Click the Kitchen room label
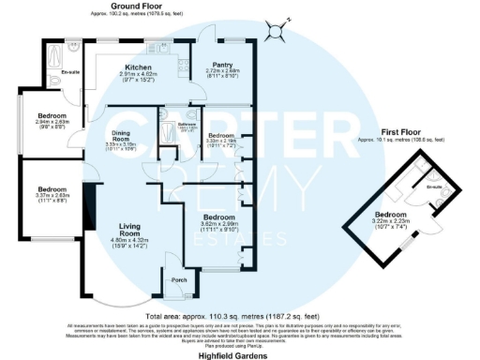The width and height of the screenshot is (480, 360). point(138,68)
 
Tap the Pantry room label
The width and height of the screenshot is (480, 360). point(222,64)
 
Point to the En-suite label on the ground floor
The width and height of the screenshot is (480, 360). point(69,72)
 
